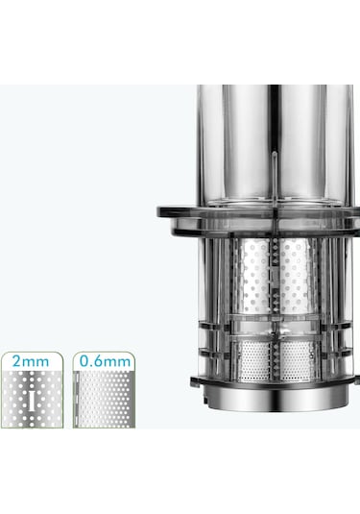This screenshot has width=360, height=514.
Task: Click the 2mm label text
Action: click(x=32, y=361)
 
